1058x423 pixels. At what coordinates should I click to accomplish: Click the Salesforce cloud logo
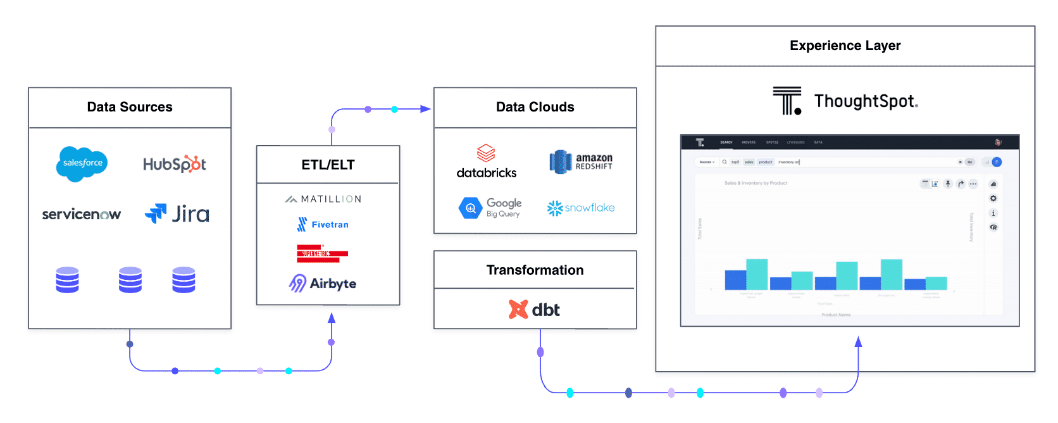[x=82, y=163]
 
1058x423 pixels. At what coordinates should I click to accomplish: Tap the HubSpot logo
[x=175, y=164]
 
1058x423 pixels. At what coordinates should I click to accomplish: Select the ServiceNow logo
[x=81, y=215]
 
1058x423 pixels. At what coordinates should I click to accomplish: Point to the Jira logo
[x=177, y=214]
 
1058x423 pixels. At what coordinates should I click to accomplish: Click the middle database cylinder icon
[x=130, y=280]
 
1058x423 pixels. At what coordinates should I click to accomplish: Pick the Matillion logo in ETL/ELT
[x=323, y=199]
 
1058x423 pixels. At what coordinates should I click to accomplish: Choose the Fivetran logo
[x=323, y=224]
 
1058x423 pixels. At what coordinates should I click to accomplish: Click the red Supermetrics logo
[x=322, y=253]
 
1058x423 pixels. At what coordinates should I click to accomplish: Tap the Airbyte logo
[x=323, y=283]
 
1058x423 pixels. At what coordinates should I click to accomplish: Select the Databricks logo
[x=487, y=162]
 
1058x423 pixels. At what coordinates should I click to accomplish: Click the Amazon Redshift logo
[x=581, y=161]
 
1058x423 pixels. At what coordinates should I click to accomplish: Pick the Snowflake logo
[x=581, y=208]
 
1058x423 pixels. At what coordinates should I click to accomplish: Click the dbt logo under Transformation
[x=535, y=310]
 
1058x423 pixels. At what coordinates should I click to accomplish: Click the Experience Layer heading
[x=845, y=46]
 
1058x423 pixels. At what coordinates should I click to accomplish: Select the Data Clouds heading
[x=535, y=107]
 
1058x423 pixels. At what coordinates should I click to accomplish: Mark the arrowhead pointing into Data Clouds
[x=426, y=109]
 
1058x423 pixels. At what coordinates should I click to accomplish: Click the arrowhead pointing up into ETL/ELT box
[x=332, y=317]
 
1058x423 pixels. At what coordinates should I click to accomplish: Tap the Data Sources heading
[x=130, y=107]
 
